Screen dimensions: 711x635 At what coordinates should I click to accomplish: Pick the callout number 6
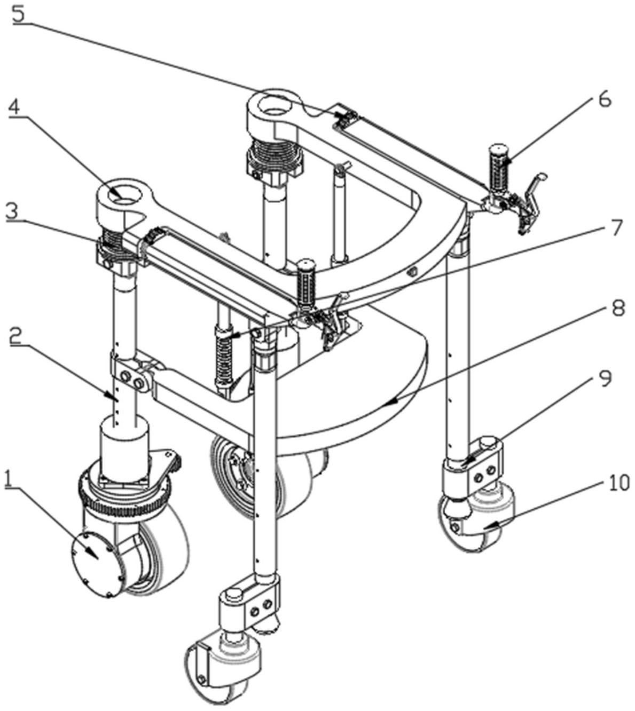[604, 100]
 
